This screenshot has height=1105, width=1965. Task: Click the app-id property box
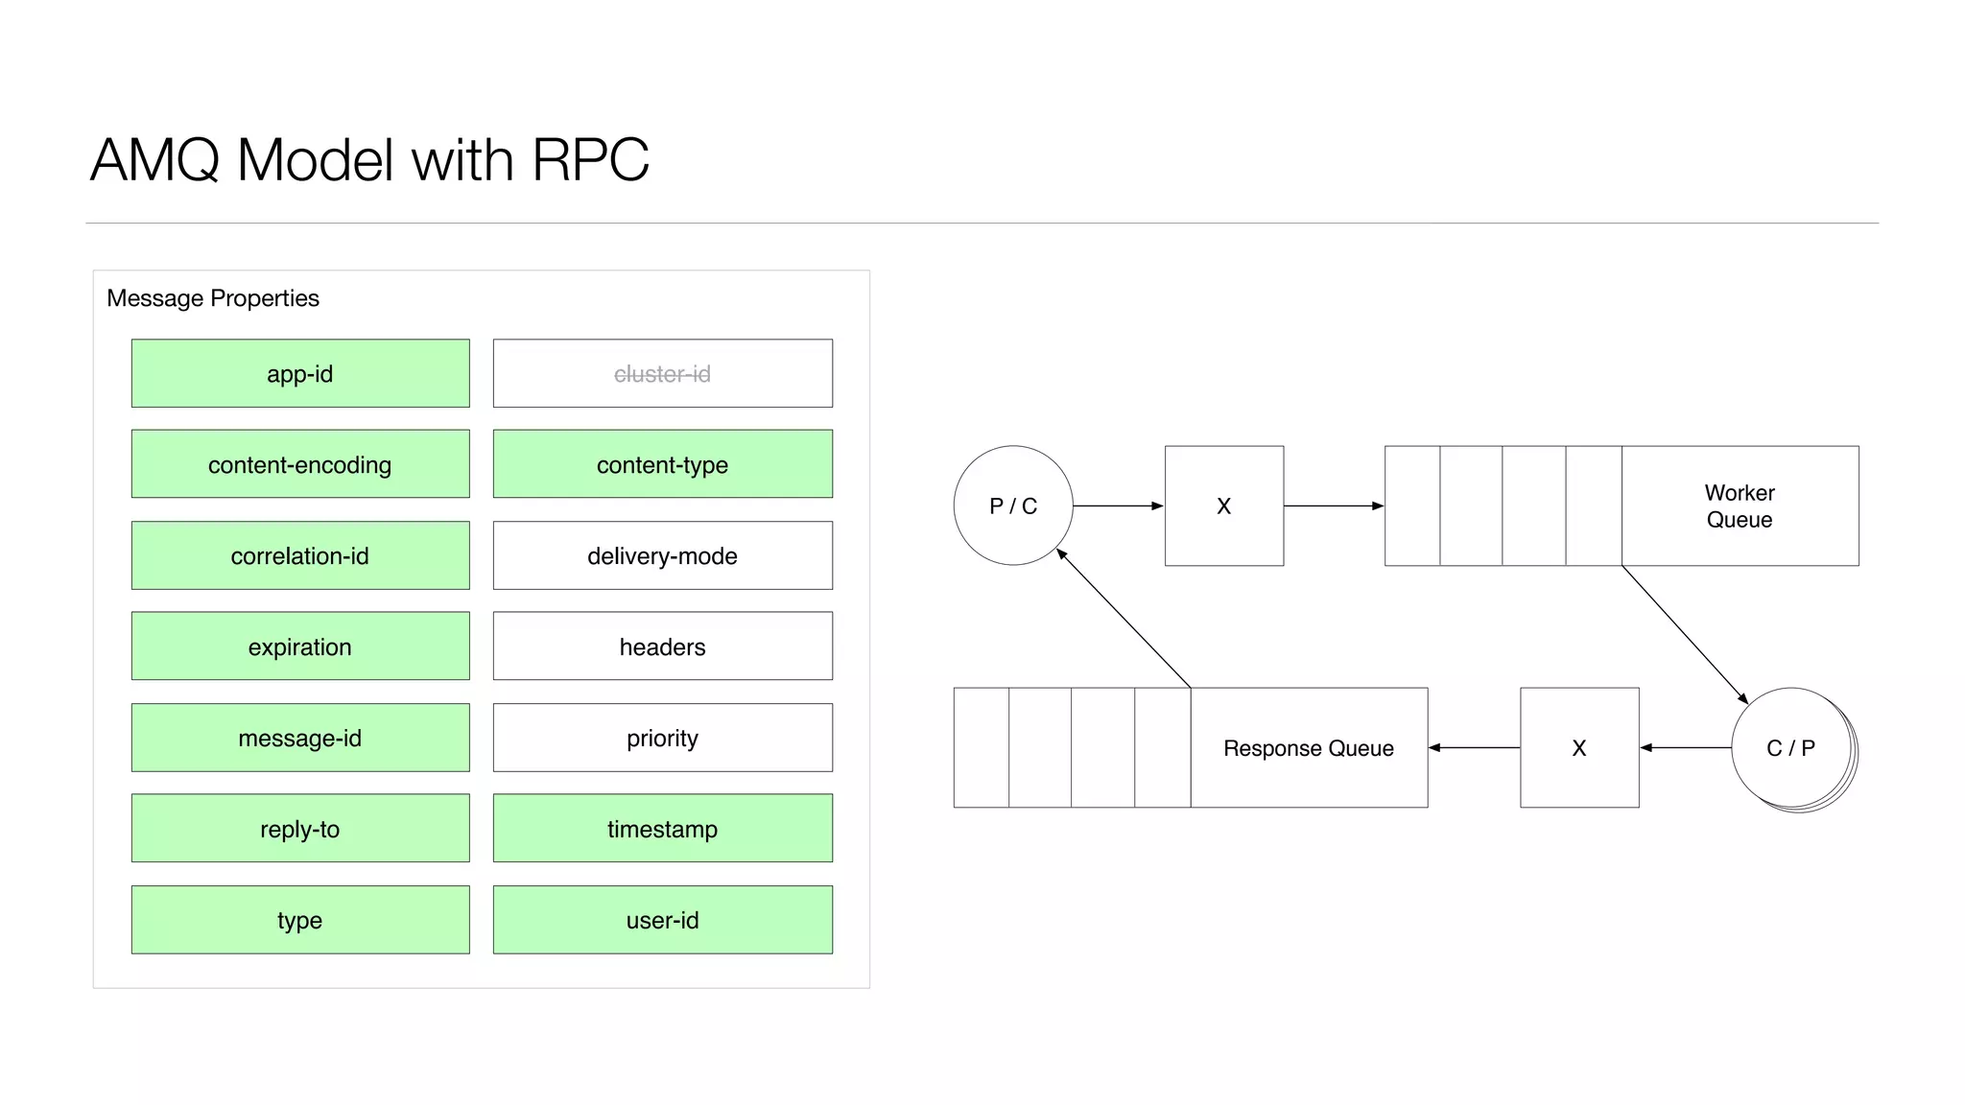tap(300, 373)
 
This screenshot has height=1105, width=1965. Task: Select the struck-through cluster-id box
tap(662, 373)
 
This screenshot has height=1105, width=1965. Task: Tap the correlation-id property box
tap(300, 555)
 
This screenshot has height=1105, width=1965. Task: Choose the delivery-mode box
tap(662, 555)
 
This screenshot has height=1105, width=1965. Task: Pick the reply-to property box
tap(300, 828)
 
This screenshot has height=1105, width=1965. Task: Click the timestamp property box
tap(662, 828)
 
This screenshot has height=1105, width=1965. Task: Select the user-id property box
tap(662, 919)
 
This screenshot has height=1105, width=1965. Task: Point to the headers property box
tap(662, 647)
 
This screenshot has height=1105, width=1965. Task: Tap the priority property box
tap(662, 738)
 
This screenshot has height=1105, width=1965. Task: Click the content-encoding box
tap(300, 464)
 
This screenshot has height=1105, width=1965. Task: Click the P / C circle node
tap(1013, 505)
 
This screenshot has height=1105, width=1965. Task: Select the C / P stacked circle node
tap(1791, 747)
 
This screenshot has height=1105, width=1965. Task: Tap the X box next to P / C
tap(1223, 505)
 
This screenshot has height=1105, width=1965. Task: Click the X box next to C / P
tap(1579, 747)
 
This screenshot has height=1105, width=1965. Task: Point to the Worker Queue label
tap(1739, 505)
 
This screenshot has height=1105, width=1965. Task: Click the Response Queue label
tap(1308, 747)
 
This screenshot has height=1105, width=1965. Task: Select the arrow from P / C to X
tap(1118, 505)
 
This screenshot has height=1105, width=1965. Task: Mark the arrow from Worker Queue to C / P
tap(1684, 634)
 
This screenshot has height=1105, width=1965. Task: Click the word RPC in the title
tap(589, 159)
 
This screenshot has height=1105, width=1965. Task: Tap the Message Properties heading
tap(213, 298)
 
